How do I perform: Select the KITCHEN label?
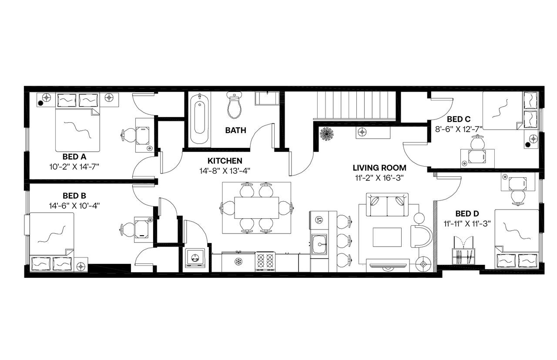[225, 161]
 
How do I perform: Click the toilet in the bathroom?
[235, 106]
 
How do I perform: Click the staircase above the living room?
[355, 105]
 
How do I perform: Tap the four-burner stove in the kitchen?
[265, 261]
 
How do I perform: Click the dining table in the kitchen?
[256, 208]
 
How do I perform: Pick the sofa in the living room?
[387, 204]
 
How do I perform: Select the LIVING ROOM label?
[379, 168]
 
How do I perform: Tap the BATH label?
[235, 130]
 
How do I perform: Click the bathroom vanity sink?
[267, 98]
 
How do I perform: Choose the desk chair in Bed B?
[127, 229]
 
